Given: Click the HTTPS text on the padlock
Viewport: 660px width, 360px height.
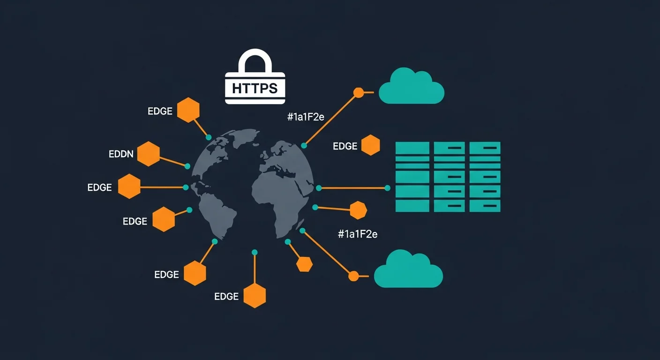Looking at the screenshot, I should tap(255, 88).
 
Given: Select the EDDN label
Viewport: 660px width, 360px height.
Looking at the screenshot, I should tap(121, 154).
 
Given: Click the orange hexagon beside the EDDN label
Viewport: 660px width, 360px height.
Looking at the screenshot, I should tap(149, 154).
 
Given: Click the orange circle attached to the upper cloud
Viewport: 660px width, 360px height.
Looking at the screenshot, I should tap(359, 93).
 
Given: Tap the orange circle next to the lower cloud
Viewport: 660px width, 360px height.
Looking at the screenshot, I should tap(353, 276).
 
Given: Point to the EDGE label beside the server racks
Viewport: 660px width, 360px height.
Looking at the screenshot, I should tap(345, 146).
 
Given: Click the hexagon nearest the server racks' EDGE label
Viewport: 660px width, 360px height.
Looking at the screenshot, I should tap(370, 145).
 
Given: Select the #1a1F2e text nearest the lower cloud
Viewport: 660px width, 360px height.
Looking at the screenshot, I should tap(357, 234).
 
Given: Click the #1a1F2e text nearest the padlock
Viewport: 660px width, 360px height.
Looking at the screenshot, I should tap(306, 117).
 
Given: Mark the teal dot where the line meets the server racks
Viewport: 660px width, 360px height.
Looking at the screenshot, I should tap(387, 188).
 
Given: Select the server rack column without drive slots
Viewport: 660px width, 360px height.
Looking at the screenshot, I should tap(412, 177).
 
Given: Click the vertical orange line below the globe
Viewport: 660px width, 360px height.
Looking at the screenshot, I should tap(255, 270).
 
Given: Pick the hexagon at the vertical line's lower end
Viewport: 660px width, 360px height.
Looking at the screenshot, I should tap(255, 295).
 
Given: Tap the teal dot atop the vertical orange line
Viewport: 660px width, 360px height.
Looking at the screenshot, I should tap(255, 252).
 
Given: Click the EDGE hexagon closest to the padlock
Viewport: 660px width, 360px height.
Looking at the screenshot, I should tap(188, 110).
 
